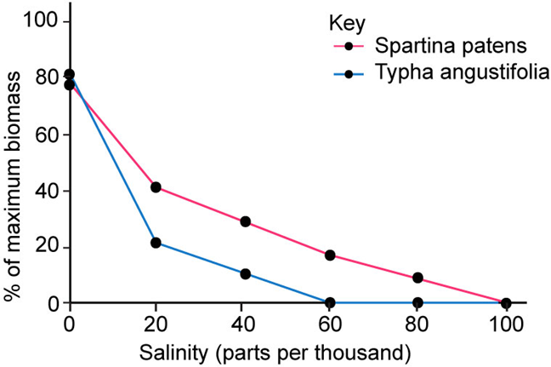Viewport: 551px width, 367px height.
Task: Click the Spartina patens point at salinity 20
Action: click(156, 187)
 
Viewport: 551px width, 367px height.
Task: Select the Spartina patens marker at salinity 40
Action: click(246, 221)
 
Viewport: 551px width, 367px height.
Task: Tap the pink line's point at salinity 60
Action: click(330, 255)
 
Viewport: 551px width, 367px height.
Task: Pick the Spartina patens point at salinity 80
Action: click(418, 278)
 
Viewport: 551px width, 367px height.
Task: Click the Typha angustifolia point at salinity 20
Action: click(156, 243)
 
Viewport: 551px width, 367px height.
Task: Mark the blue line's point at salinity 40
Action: click(246, 274)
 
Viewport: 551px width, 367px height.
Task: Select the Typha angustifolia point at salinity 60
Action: click(330, 302)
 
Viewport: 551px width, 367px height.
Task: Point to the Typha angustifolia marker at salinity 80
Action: click(418, 302)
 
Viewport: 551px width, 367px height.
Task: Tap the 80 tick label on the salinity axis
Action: click(418, 324)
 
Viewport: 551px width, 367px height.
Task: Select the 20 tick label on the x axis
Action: click(156, 324)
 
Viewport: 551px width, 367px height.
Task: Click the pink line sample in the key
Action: click(348, 44)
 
